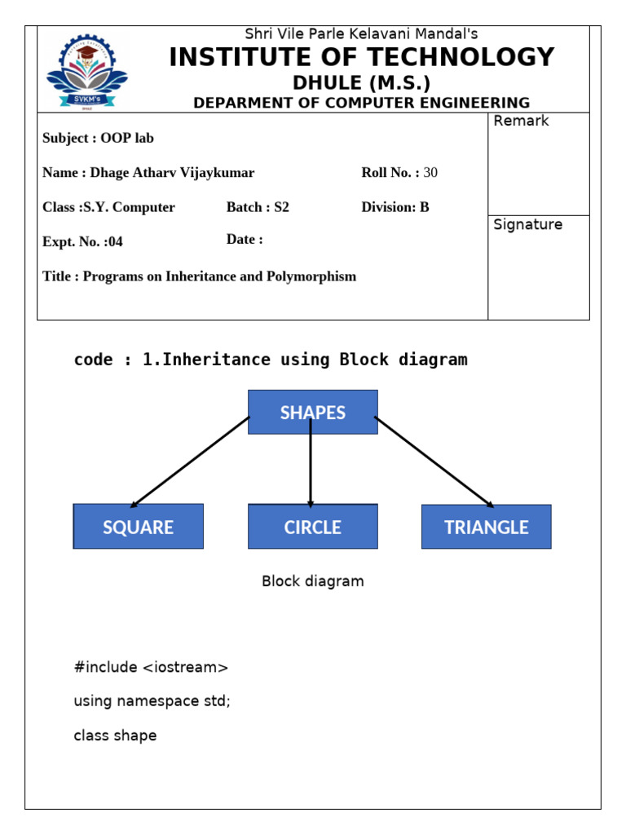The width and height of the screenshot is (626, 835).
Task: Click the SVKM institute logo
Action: coord(86,72)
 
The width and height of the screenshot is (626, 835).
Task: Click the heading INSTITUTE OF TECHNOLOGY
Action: coord(361,58)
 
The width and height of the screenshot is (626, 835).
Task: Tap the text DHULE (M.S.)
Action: coord(361,83)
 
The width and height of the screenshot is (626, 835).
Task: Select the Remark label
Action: coord(521,121)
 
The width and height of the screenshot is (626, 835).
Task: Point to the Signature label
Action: coord(527,225)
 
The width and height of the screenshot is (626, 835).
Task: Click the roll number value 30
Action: coord(430,173)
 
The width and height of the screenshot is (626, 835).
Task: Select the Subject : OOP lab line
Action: coord(98,139)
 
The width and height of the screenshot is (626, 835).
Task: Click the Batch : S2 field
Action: coord(258,207)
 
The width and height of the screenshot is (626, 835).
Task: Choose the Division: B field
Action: coord(395,207)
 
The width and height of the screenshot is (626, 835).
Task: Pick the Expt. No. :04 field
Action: coord(82,242)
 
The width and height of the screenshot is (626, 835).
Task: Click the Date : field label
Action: coord(245,240)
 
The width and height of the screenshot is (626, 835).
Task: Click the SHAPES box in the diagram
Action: coord(312,413)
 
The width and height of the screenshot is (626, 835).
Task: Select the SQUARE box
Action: coord(138,527)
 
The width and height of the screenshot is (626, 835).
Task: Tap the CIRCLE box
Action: coord(312,527)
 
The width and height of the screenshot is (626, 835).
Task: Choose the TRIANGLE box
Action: coord(486,527)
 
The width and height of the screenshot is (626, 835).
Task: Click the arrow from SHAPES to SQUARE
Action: coord(190,462)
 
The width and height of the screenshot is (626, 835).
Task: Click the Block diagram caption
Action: coord(312,581)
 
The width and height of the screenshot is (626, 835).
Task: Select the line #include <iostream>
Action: coord(151,668)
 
